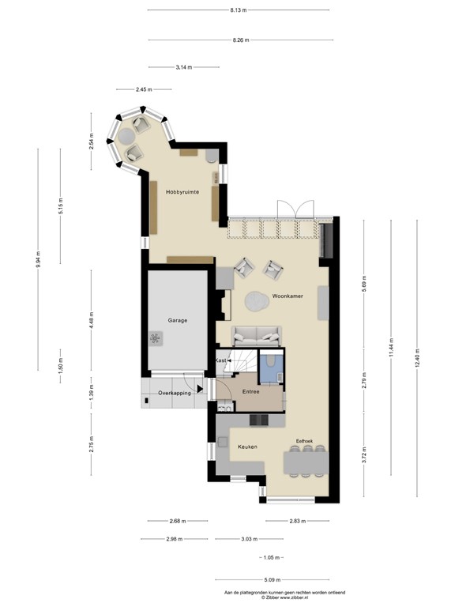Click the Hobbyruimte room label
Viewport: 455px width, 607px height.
pyautogui.click(x=182, y=191)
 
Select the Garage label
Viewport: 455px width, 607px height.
pyautogui.click(x=177, y=320)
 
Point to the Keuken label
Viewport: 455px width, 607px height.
pyautogui.click(x=248, y=447)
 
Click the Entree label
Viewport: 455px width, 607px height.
pyautogui.click(x=250, y=391)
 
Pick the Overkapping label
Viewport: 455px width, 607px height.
pyautogui.click(x=174, y=392)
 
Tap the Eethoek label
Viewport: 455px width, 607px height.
pyautogui.click(x=306, y=441)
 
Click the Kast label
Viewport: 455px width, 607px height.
pyautogui.click(x=222, y=360)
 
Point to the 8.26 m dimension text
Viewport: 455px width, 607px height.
pyautogui.click(x=241, y=40)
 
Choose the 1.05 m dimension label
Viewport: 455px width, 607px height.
pyautogui.click(x=270, y=557)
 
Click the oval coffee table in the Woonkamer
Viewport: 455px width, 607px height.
pyautogui.click(x=257, y=300)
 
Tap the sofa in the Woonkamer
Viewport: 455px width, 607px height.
pyautogui.click(x=254, y=335)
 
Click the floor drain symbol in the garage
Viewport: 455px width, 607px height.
pyautogui.click(x=155, y=338)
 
